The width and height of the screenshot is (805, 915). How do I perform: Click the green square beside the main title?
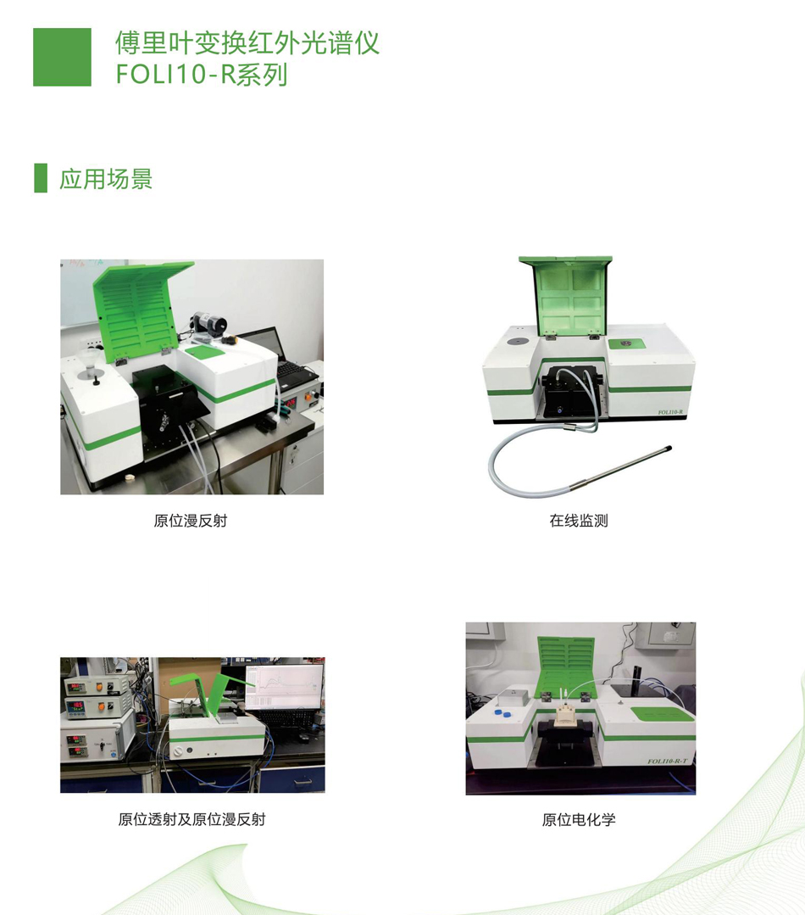pos(62,57)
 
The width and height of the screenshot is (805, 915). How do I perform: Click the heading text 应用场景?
pos(106,179)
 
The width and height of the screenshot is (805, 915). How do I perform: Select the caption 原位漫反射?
pos(191,521)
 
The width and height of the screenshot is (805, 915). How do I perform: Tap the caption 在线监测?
pos(579,521)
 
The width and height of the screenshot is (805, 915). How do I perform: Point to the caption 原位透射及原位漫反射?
pos(192,819)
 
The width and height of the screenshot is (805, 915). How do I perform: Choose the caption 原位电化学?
pos(579,820)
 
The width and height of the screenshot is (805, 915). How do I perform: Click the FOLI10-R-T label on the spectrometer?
pos(667,761)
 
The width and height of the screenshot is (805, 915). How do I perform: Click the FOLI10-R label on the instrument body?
pos(670,413)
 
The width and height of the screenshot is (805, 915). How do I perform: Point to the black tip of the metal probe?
pos(667,449)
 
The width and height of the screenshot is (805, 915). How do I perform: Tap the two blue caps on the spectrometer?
pos(502,712)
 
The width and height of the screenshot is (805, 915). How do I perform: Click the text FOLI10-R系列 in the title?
pos(202,75)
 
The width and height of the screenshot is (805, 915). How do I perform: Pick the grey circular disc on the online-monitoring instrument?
pos(516,342)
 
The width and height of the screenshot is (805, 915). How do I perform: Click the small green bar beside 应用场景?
pos(40,178)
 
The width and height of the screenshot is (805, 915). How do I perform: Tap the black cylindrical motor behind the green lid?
pos(207,323)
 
